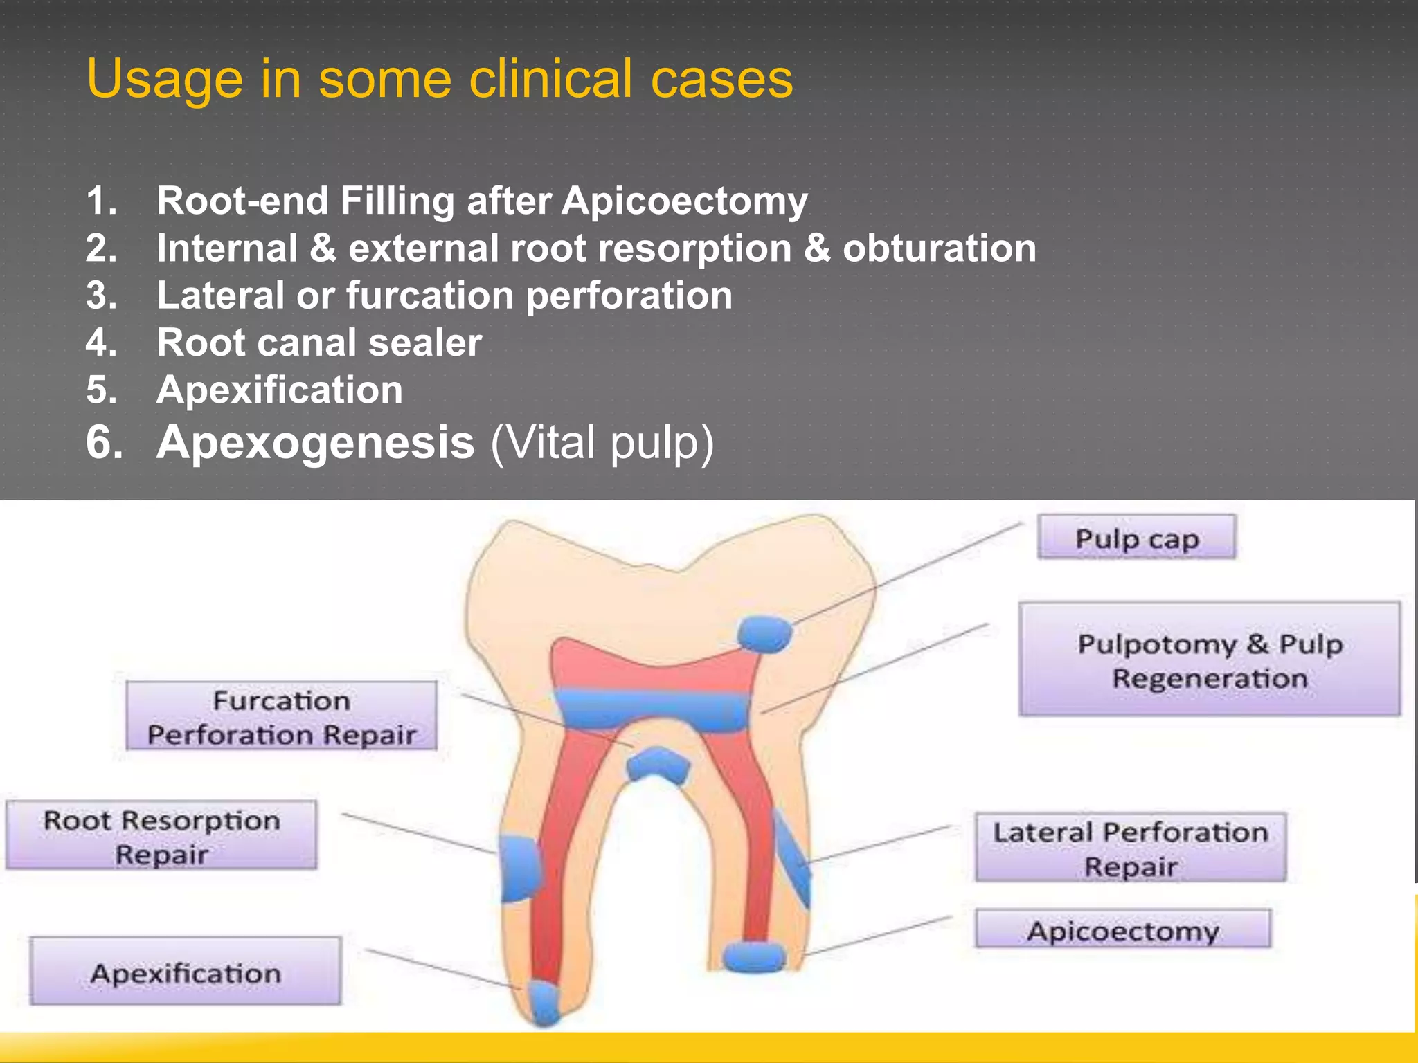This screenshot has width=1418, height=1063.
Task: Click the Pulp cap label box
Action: point(1136,537)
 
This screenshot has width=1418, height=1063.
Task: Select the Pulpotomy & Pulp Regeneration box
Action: point(1209,659)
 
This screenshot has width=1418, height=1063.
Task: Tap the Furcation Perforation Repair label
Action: point(281,716)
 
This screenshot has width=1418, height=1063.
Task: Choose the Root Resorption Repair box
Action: point(161,835)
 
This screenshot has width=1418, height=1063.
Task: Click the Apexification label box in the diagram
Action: point(186,972)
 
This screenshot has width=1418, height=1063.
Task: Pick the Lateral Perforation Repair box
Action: point(1130,848)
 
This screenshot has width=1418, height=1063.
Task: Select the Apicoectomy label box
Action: point(1122,929)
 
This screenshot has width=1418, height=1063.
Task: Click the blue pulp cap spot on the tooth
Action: point(764,633)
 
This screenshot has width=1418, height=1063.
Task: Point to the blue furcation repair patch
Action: point(657,765)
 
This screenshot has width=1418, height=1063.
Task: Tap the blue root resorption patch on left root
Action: point(519,868)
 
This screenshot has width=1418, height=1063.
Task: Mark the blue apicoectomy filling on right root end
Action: point(754,956)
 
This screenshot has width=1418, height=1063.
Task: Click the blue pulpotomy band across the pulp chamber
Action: point(652,709)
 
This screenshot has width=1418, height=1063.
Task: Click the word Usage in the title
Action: point(164,80)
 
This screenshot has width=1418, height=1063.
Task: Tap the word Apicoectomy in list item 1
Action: point(684,201)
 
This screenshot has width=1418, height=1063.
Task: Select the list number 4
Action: point(101,343)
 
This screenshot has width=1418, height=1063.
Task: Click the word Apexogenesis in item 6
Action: point(315,442)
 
